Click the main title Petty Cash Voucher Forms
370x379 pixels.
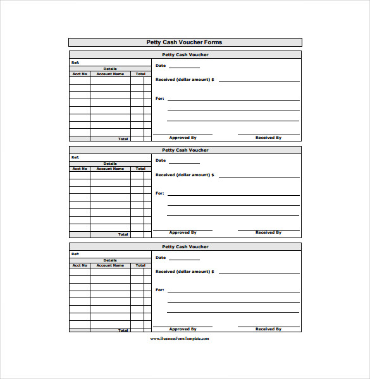[185, 42]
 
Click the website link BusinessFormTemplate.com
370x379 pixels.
[180, 339]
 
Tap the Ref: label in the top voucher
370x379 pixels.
[75, 63]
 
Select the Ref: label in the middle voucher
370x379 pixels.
[75, 157]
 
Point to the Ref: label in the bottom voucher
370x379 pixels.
[75, 254]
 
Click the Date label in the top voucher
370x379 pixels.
[161, 66]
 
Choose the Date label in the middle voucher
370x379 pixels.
[161, 161]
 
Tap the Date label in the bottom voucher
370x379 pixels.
[161, 258]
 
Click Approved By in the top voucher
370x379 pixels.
[183, 137]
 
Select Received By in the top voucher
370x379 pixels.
[268, 137]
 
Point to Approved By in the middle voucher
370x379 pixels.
[183, 232]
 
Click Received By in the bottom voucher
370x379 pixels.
[268, 329]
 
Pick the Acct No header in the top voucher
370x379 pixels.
[80, 74]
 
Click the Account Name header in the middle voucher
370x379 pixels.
[110, 169]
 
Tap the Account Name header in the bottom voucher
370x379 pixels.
[110, 265]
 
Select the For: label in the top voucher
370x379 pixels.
[159, 99]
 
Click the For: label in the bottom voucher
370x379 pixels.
[159, 290]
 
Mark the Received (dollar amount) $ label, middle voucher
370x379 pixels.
[185, 175]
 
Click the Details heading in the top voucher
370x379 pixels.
[110, 69]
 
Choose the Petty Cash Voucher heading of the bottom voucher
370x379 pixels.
[185, 247]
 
